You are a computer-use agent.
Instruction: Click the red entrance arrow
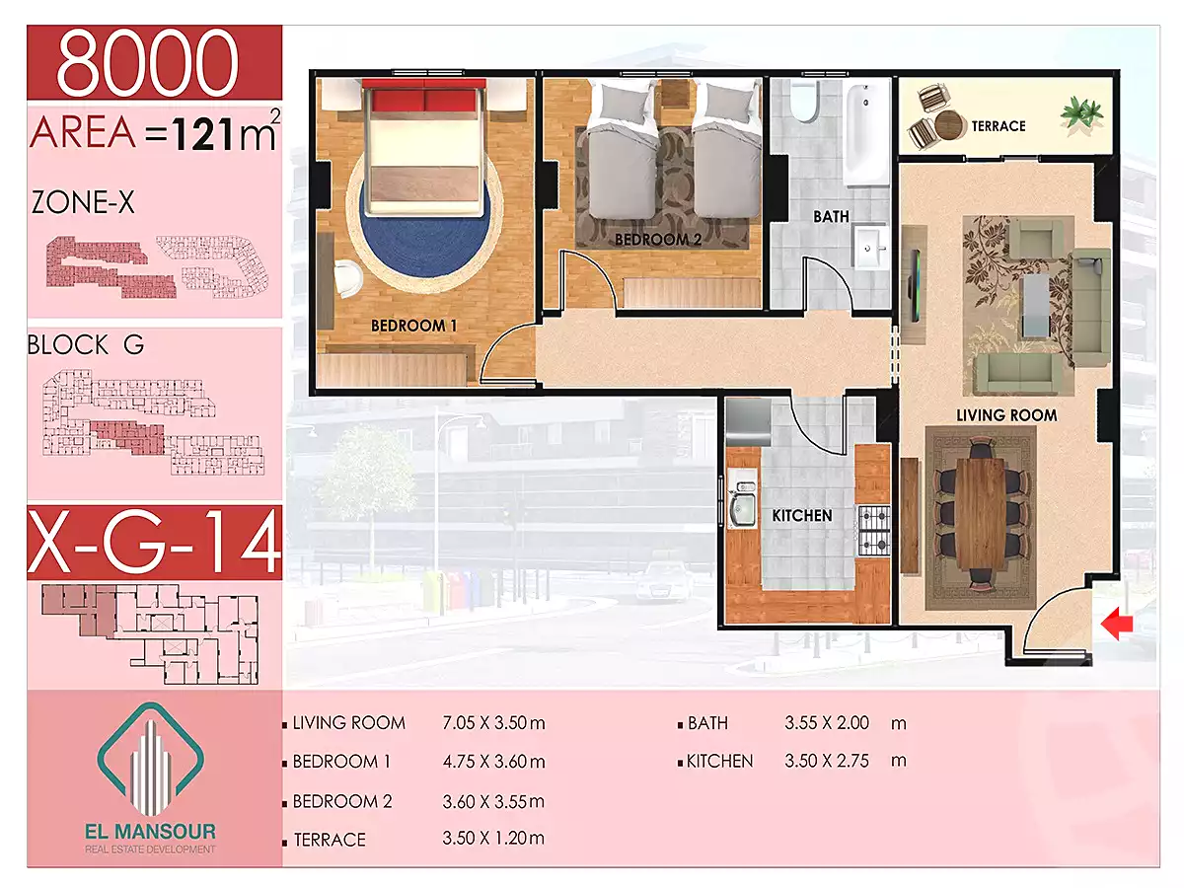click(1116, 624)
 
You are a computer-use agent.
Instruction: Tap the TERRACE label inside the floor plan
click(998, 126)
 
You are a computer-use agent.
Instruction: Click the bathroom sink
click(869, 247)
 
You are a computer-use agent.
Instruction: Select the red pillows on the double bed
click(425, 101)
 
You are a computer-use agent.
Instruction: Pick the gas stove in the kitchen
click(873, 531)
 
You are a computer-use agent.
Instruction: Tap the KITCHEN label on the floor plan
click(801, 515)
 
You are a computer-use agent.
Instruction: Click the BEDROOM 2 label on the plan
click(657, 240)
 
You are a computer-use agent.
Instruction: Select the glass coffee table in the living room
click(1036, 305)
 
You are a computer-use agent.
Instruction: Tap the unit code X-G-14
click(155, 542)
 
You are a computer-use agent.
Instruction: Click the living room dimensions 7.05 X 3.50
click(493, 722)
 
